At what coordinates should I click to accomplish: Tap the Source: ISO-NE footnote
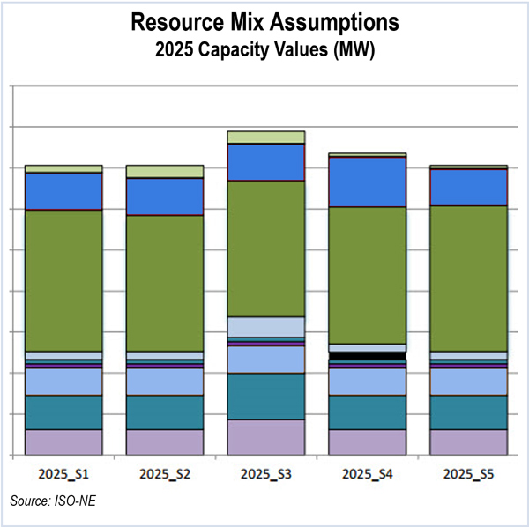(48, 501)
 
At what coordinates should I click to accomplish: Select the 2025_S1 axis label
(63, 473)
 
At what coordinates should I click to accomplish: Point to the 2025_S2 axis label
(165, 473)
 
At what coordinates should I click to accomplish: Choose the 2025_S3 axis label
(266, 473)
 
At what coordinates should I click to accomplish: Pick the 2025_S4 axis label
(368, 473)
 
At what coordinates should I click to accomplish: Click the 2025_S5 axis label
(468, 473)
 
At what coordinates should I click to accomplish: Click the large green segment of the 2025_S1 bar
(63, 280)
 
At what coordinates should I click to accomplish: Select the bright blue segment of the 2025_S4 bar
(368, 182)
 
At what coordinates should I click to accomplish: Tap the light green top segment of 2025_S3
(266, 137)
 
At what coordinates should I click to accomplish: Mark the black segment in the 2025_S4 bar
(368, 356)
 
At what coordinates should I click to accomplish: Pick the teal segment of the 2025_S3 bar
(266, 396)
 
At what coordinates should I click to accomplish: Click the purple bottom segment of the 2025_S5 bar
(468, 442)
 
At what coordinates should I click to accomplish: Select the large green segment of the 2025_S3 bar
(266, 249)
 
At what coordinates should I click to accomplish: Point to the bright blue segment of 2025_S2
(165, 197)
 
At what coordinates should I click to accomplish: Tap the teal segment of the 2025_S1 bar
(63, 412)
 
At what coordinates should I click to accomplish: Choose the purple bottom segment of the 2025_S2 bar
(165, 442)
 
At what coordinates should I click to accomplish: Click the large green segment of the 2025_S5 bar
(468, 278)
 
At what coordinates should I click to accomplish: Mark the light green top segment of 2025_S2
(165, 171)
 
